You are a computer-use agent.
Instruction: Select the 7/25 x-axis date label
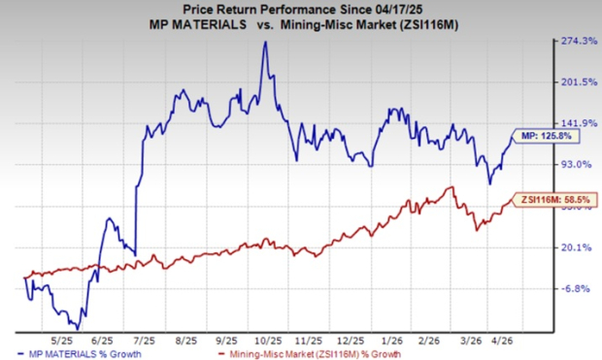point(145,341)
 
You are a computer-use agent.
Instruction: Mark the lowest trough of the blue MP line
point(78,329)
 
